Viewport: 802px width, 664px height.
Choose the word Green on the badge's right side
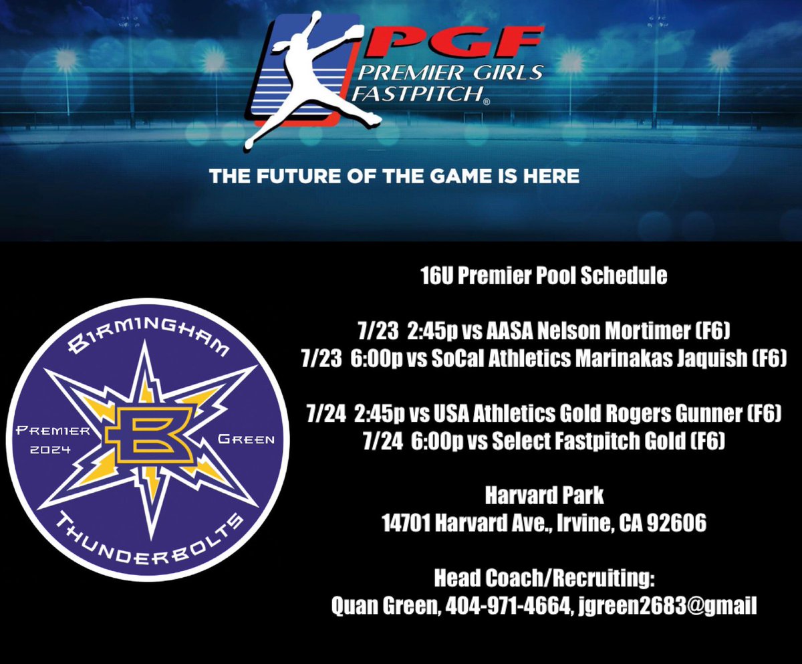(x=246, y=439)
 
